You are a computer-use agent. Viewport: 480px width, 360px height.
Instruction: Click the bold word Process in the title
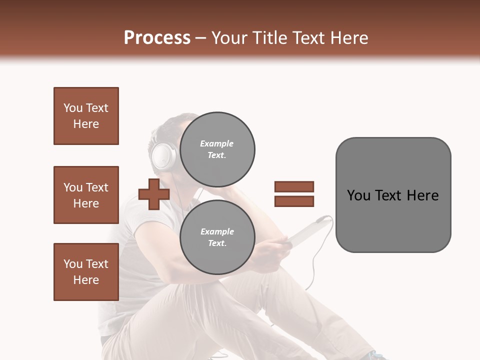(x=157, y=38)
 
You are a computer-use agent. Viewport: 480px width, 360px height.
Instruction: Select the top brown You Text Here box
(x=86, y=116)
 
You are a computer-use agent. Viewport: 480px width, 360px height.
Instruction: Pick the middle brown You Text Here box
(x=86, y=195)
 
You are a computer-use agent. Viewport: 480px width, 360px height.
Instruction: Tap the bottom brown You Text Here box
(x=86, y=272)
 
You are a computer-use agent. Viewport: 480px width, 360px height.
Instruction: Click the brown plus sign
(x=154, y=194)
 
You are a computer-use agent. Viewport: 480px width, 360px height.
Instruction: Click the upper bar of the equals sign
(x=294, y=186)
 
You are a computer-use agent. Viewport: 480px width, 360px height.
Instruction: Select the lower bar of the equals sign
(x=294, y=201)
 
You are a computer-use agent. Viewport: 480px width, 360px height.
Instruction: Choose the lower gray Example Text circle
(x=217, y=237)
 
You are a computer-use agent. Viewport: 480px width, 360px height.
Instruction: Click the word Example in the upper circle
(x=217, y=144)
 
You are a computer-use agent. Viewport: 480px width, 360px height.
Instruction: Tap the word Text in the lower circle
(x=217, y=243)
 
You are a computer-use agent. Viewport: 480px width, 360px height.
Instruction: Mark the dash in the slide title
(x=201, y=38)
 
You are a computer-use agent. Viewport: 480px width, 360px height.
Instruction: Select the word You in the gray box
(x=358, y=195)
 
